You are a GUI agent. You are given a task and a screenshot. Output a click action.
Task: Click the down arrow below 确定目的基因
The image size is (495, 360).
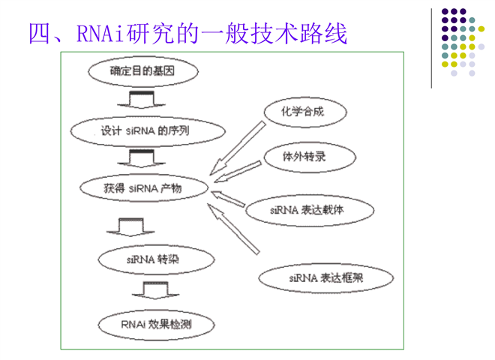point(142,100)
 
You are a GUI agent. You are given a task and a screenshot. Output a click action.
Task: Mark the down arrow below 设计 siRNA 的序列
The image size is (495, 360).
point(142,158)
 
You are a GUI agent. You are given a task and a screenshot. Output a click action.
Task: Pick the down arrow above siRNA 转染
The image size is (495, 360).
point(130,227)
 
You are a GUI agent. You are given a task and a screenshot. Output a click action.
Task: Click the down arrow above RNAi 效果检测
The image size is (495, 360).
point(156,290)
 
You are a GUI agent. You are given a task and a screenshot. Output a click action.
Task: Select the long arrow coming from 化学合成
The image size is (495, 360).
point(238,148)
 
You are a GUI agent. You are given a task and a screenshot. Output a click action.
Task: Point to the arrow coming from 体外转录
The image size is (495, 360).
point(238,172)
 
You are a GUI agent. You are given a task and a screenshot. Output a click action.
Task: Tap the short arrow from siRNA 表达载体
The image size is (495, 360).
point(228,199)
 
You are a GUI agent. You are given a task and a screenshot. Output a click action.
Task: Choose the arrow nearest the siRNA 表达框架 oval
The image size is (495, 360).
point(233,229)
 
